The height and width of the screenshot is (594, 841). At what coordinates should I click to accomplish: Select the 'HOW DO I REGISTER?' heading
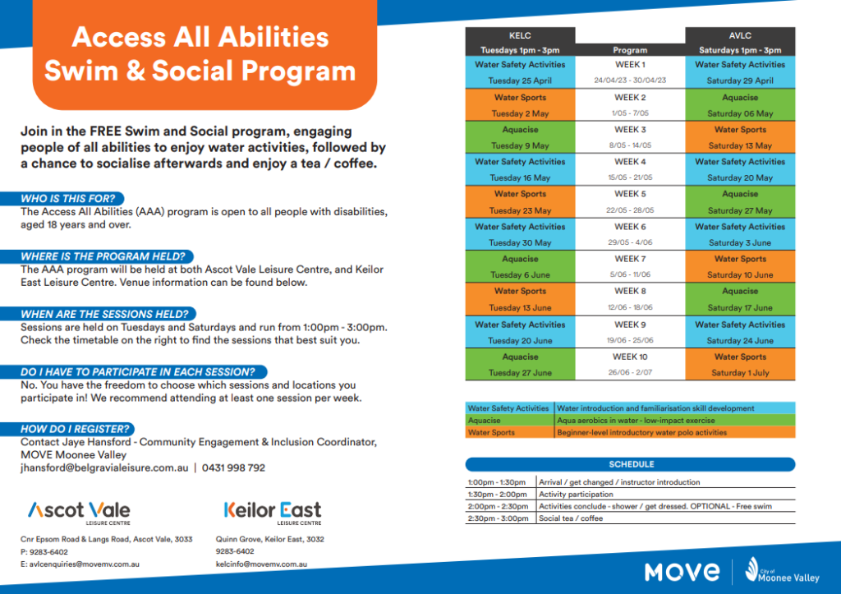76,429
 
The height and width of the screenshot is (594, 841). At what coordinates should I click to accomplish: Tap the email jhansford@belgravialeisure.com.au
104,467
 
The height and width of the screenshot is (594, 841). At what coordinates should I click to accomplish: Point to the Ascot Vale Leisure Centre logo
79,511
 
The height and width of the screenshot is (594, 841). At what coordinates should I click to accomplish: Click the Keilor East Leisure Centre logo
273,512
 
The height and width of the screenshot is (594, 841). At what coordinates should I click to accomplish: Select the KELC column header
521,36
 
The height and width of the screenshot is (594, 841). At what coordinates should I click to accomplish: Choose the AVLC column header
740,36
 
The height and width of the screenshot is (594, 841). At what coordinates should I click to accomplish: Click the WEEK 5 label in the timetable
630,194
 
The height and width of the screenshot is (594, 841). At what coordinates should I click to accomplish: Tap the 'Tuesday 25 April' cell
521,81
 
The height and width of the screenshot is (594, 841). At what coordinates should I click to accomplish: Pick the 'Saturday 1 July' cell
740,373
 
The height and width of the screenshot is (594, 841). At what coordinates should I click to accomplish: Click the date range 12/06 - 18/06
630,307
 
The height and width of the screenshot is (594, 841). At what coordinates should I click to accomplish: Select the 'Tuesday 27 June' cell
521,373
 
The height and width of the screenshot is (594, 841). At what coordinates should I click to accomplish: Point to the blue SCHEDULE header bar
630,464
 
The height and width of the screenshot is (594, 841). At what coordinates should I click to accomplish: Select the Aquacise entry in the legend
485,420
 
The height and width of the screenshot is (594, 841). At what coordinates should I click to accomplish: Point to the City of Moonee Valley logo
779,570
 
